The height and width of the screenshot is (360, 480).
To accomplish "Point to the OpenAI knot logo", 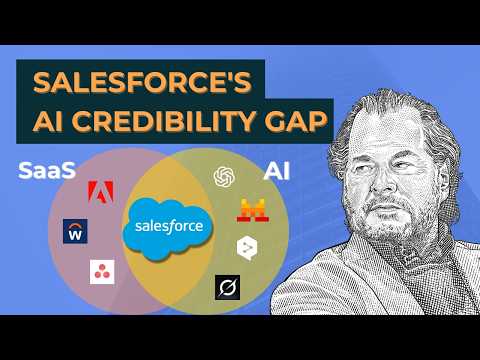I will click(x=224, y=175).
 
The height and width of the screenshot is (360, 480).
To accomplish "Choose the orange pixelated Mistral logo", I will click(x=251, y=210).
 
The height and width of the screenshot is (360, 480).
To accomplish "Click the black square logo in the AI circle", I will click(x=227, y=288).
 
